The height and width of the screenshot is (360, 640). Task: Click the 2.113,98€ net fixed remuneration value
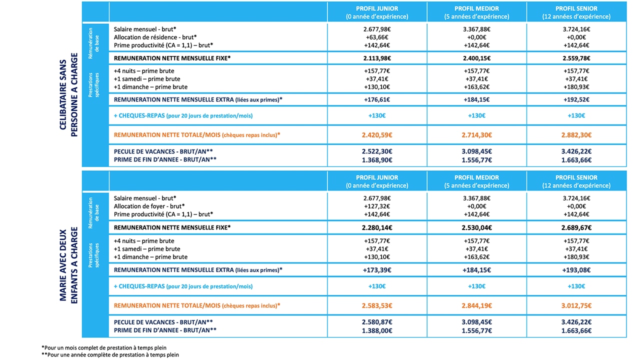(x=377, y=58)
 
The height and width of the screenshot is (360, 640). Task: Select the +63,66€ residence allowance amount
(x=377, y=37)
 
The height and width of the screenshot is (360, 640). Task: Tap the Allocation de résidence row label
(x=155, y=37)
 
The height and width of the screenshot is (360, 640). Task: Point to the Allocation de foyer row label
(x=149, y=206)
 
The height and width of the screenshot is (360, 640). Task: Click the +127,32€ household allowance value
(x=377, y=206)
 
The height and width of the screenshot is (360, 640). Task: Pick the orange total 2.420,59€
(x=377, y=135)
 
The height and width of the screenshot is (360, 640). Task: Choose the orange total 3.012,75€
(x=576, y=305)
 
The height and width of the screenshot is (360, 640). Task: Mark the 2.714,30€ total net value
(x=476, y=135)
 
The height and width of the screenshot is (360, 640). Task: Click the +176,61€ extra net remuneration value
(x=377, y=99)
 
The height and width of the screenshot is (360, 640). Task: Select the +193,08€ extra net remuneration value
(x=576, y=270)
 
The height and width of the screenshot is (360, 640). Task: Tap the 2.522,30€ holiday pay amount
(x=377, y=151)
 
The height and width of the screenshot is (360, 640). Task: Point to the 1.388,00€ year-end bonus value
(x=377, y=330)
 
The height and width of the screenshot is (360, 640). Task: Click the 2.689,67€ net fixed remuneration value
(x=576, y=227)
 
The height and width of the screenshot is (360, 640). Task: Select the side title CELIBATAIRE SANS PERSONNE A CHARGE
(x=68, y=94)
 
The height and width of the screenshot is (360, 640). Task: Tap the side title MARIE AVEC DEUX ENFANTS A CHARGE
(x=68, y=265)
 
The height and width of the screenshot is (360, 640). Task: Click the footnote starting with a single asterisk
(x=104, y=347)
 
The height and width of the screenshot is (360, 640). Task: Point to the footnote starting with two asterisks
(x=110, y=355)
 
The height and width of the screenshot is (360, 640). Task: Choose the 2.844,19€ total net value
(x=476, y=305)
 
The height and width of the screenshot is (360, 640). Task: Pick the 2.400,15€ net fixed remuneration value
(x=476, y=58)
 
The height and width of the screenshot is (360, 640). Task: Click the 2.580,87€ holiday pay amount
(x=377, y=322)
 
